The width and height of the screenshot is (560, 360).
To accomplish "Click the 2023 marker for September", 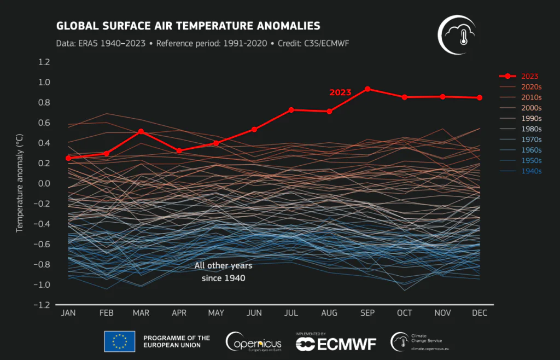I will (367, 89).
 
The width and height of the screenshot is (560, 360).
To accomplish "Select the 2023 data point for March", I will (141, 131).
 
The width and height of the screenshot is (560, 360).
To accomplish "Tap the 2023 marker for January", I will (68, 158).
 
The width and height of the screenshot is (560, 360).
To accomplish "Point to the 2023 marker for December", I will (480, 97).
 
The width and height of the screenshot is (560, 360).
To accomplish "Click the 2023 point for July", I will (291, 110).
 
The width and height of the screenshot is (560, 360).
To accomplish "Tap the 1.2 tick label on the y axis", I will (44, 62).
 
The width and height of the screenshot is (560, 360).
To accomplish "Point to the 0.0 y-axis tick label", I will (44, 184).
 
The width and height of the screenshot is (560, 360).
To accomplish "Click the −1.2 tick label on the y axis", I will (42, 305).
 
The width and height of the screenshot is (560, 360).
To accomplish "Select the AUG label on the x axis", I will (329, 313).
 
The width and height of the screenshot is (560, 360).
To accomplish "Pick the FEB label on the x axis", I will (106, 313).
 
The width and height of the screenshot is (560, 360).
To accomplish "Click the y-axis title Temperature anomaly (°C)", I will (20, 183).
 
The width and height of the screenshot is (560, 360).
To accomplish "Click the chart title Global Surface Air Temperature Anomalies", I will (188, 26).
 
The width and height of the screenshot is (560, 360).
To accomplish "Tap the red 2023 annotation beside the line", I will (340, 92).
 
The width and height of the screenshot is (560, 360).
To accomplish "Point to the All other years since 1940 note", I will (223, 272).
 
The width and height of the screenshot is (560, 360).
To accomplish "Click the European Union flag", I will (119, 341).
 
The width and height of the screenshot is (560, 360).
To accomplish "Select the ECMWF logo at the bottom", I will (336, 343).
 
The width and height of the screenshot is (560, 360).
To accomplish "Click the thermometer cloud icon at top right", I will (457, 34).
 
